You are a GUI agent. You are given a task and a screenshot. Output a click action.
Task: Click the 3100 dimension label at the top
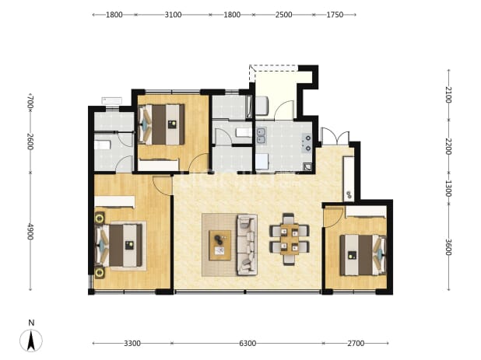(x=173, y=15)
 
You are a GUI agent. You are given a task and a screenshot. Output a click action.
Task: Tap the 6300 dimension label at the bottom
(x=248, y=344)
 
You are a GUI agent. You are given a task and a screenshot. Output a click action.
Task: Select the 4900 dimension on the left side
(x=30, y=232)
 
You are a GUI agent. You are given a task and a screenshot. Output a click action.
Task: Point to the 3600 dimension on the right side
(x=448, y=246)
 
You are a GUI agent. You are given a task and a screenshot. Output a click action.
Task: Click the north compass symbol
(x=31, y=337)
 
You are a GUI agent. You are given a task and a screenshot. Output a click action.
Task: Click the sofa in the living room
(x=247, y=244)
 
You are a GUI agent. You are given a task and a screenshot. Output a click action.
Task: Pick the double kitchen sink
(x=262, y=136)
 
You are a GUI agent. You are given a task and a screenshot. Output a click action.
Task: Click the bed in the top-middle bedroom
(x=162, y=124)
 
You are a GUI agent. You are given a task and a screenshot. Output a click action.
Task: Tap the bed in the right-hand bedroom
(x=363, y=255)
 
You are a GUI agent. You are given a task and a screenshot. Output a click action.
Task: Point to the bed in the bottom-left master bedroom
(x=119, y=245)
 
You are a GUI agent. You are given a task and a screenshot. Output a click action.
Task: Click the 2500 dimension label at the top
(x=283, y=15)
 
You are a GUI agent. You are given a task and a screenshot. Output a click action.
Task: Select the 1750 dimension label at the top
(x=335, y=15)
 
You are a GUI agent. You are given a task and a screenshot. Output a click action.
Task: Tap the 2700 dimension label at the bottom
(x=356, y=344)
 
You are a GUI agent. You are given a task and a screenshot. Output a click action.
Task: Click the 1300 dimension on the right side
(x=448, y=188)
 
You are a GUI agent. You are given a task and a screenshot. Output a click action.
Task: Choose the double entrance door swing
(x=335, y=137)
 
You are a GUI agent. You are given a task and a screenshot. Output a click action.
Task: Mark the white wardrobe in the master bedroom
(x=114, y=202)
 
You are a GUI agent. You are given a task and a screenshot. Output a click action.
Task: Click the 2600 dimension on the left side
(x=30, y=142)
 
